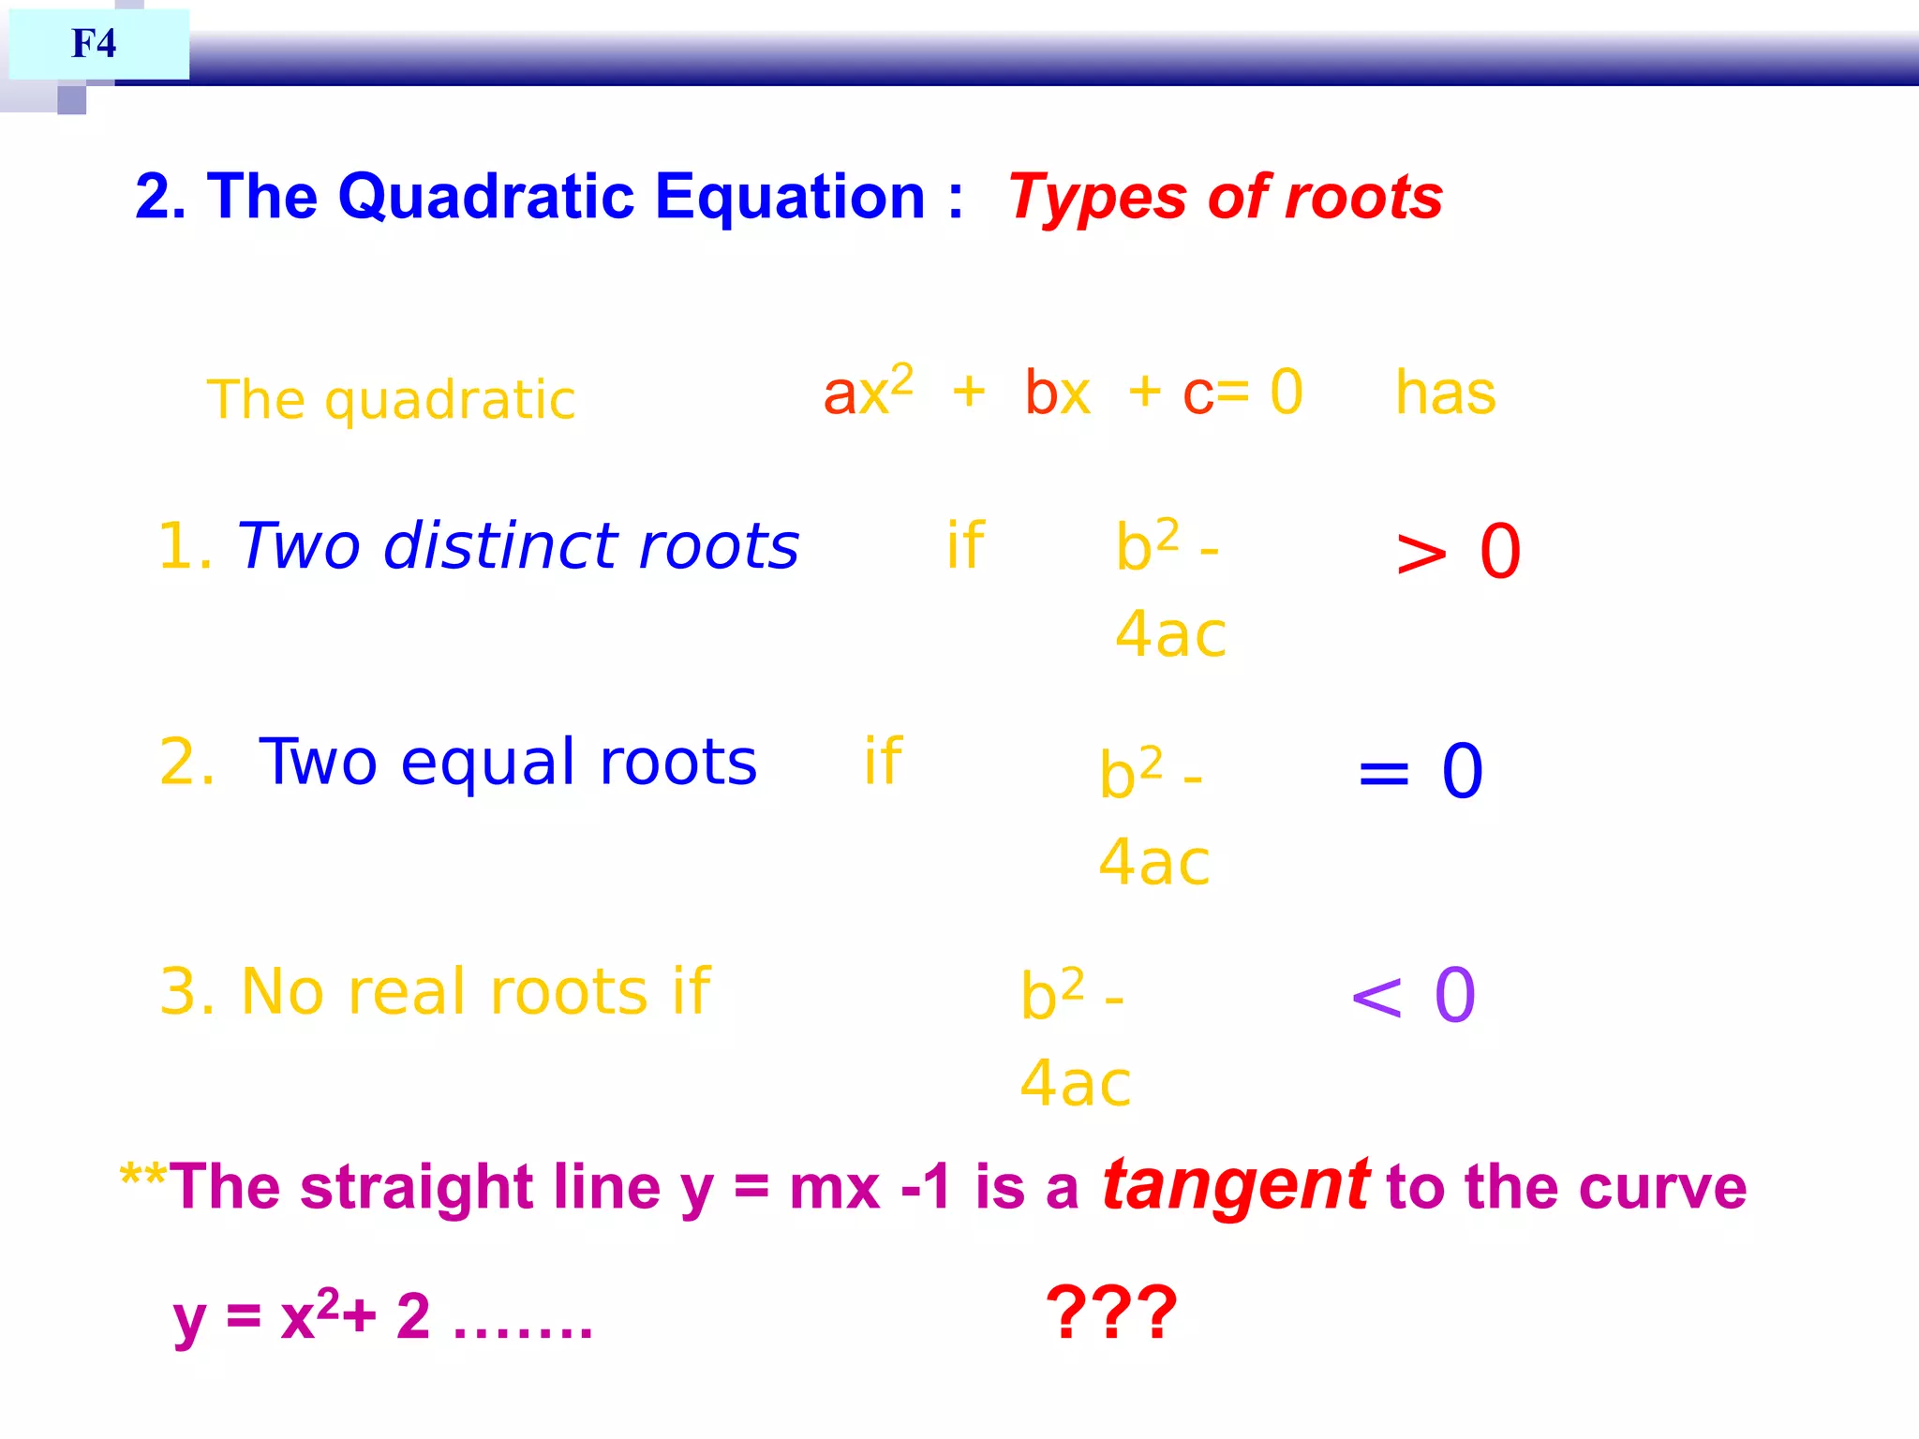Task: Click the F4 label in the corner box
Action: point(94,43)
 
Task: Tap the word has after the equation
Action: point(1445,393)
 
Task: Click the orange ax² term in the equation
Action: point(867,391)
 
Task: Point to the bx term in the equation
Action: point(1057,393)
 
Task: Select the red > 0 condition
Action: point(1457,553)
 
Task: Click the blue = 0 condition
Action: point(1420,772)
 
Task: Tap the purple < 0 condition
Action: point(1413,995)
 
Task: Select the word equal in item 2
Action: point(486,764)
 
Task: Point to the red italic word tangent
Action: point(1235,1185)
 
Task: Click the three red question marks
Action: point(1110,1313)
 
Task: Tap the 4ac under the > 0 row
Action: point(1170,634)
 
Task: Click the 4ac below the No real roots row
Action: point(1075,1083)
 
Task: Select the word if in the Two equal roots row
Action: point(883,761)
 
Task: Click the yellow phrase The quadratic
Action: point(391,400)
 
